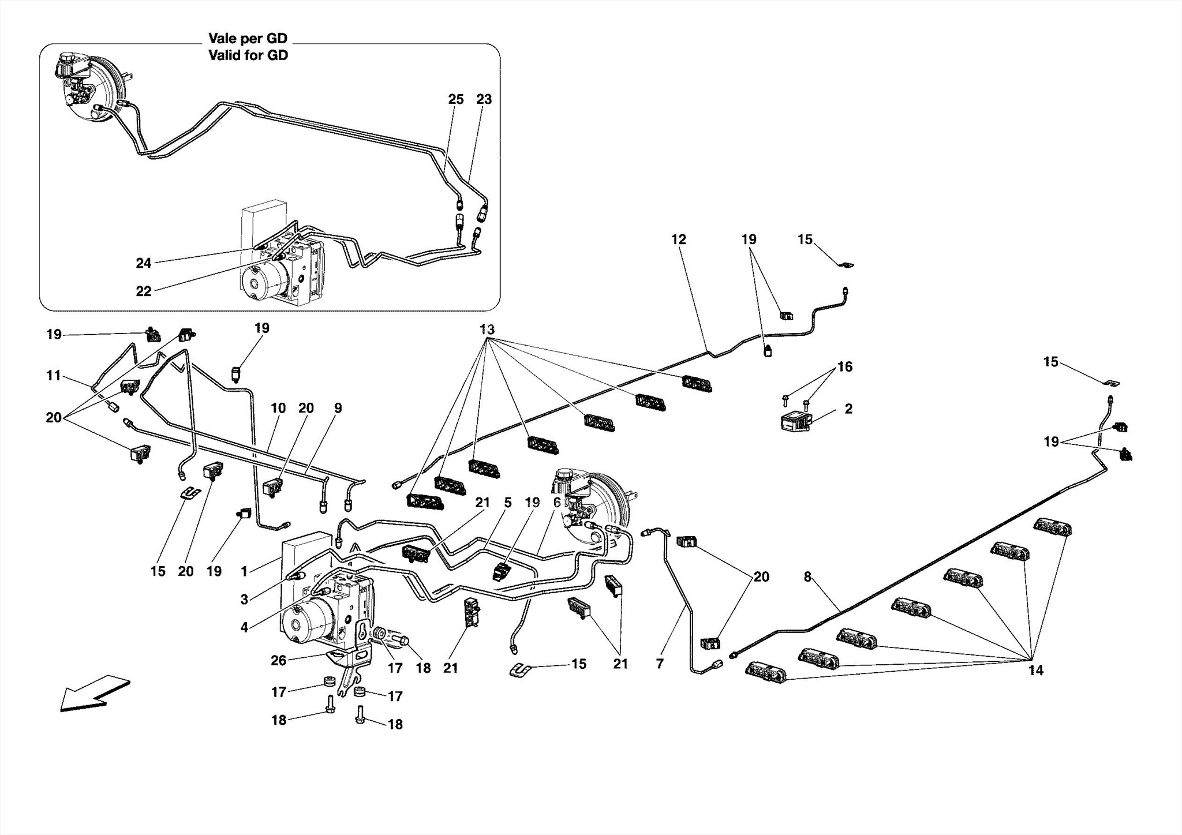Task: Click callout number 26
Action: click(278, 660)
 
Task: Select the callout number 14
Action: click(1035, 671)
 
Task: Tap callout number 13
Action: click(487, 329)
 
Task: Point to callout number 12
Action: click(679, 239)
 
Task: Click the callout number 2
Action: click(848, 409)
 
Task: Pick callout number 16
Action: click(844, 366)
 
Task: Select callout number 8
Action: click(807, 576)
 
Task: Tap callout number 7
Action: click(660, 664)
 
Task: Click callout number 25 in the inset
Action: click(455, 99)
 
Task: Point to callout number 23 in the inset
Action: click(484, 99)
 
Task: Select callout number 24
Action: click(143, 263)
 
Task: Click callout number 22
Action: click(143, 291)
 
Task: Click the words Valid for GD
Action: click(248, 55)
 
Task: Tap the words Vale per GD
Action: click(248, 39)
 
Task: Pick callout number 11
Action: click(54, 376)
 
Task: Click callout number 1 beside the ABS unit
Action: click(244, 571)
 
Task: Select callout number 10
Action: click(278, 408)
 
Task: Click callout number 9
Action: click(338, 408)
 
